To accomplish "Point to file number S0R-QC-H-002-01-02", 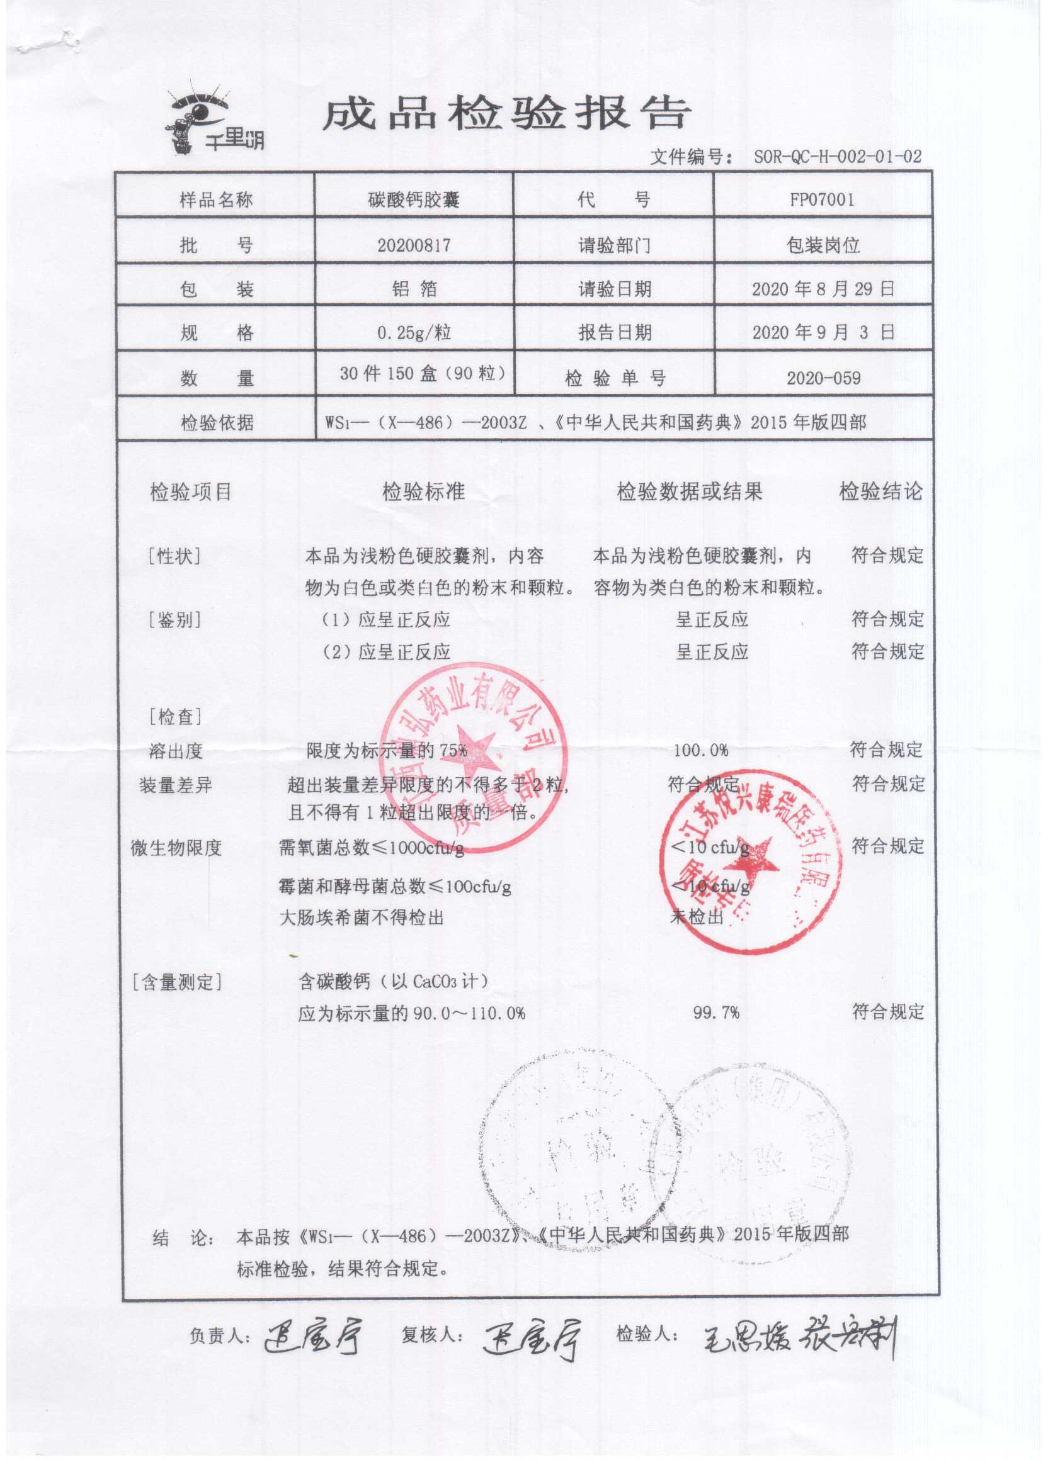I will [837, 156].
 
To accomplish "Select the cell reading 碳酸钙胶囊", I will [414, 200].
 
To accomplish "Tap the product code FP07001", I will [822, 199].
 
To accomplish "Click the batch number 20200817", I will [414, 245].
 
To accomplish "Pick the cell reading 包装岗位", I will [823, 245].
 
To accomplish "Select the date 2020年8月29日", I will [823, 289].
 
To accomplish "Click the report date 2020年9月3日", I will [823, 332].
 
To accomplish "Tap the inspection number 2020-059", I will [823, 378].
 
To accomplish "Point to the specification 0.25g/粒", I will [414, 333].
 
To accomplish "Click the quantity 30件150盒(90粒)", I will [422, 373].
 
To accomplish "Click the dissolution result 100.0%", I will [700, 750].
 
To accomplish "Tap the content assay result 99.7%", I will [715, 1013].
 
